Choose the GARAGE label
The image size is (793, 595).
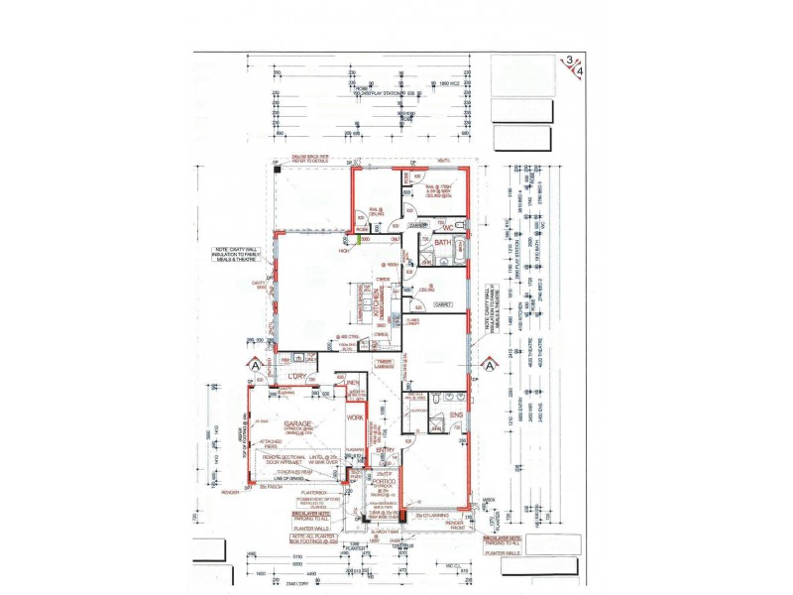point(298,424)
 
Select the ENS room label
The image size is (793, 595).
point(456,416)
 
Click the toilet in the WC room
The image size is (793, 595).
point(460,227)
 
